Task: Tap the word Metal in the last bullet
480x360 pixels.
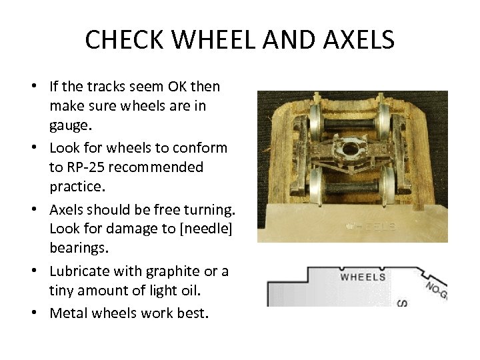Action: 69,312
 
